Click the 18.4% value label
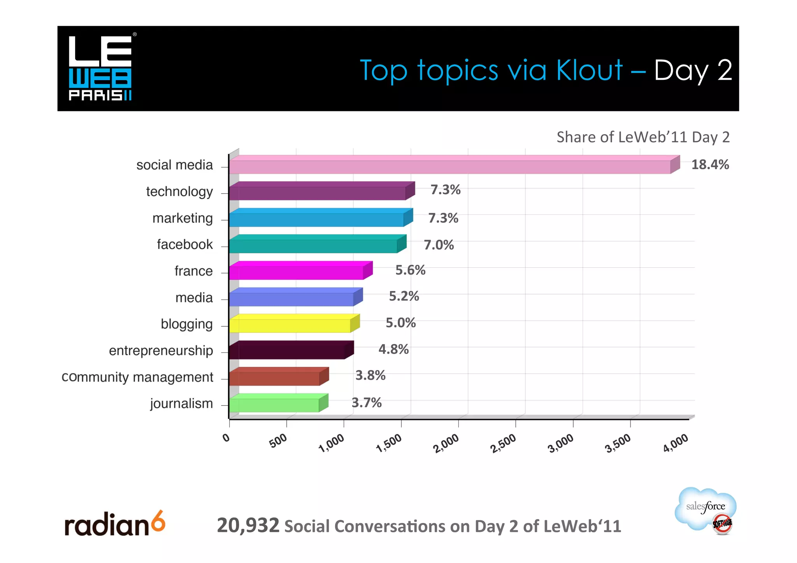[710, 165]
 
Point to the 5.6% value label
[410, 270]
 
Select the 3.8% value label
[370, 375]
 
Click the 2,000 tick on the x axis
[446, 444]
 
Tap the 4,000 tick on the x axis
[676, 444]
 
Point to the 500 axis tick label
[278, 441]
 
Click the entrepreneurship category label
[161, 351]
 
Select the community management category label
[137, 377]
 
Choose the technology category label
[179, 191]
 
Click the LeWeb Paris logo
[100, 68]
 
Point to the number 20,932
[248, 525]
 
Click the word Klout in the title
[590, 70]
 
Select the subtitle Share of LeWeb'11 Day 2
[643, 137]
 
